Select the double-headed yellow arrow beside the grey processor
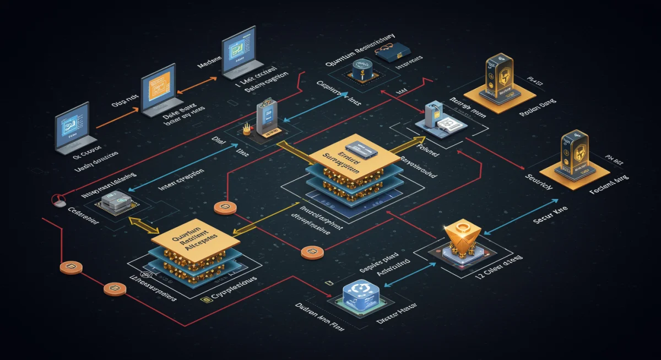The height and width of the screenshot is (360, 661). [144, 225]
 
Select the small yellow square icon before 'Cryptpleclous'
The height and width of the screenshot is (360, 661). [205, 298]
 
